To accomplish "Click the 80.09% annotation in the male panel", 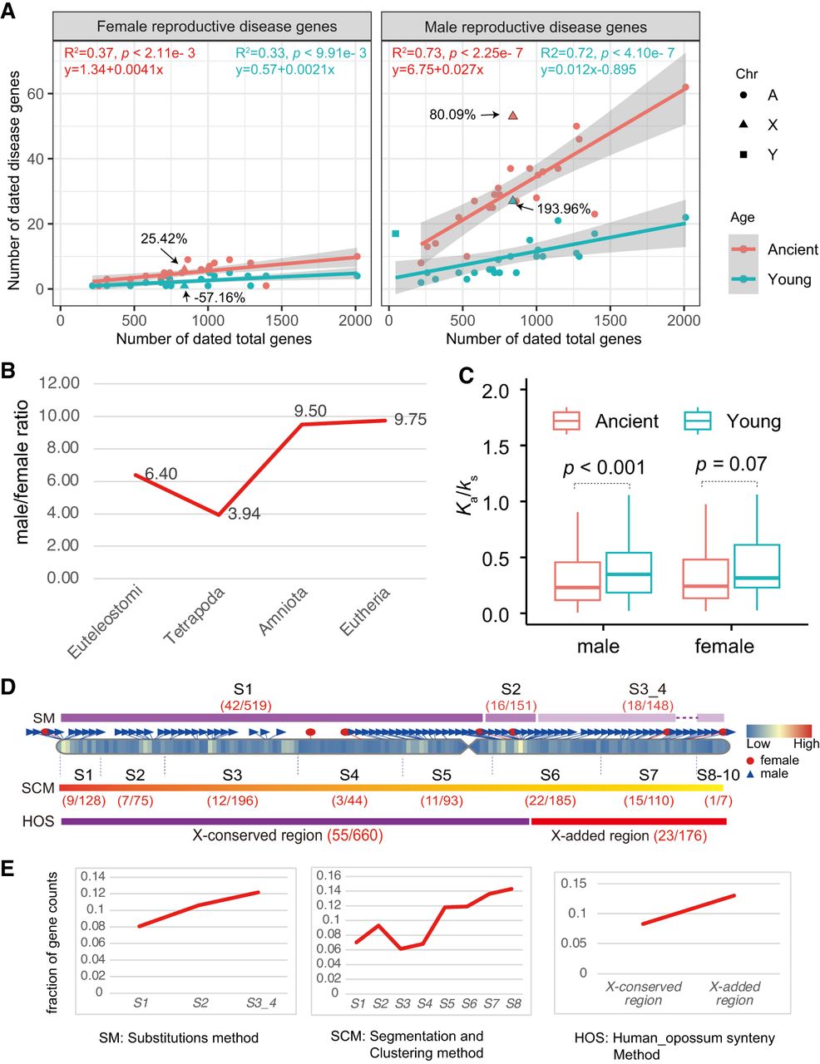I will click(452, 116).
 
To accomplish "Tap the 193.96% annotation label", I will click(563, 209).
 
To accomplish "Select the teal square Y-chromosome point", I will click(396, 234).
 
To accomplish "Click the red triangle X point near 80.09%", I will click(513, 116).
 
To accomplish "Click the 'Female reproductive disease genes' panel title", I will click(217, 27).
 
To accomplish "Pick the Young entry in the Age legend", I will click(789, 279).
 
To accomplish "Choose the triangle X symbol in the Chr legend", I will click(742, 125).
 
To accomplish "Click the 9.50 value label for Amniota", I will click(310, 411).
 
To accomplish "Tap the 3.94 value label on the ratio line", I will click(244, 514).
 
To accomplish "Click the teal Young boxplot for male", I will click(629, 572).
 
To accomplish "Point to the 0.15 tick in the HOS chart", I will click(573, 882).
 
